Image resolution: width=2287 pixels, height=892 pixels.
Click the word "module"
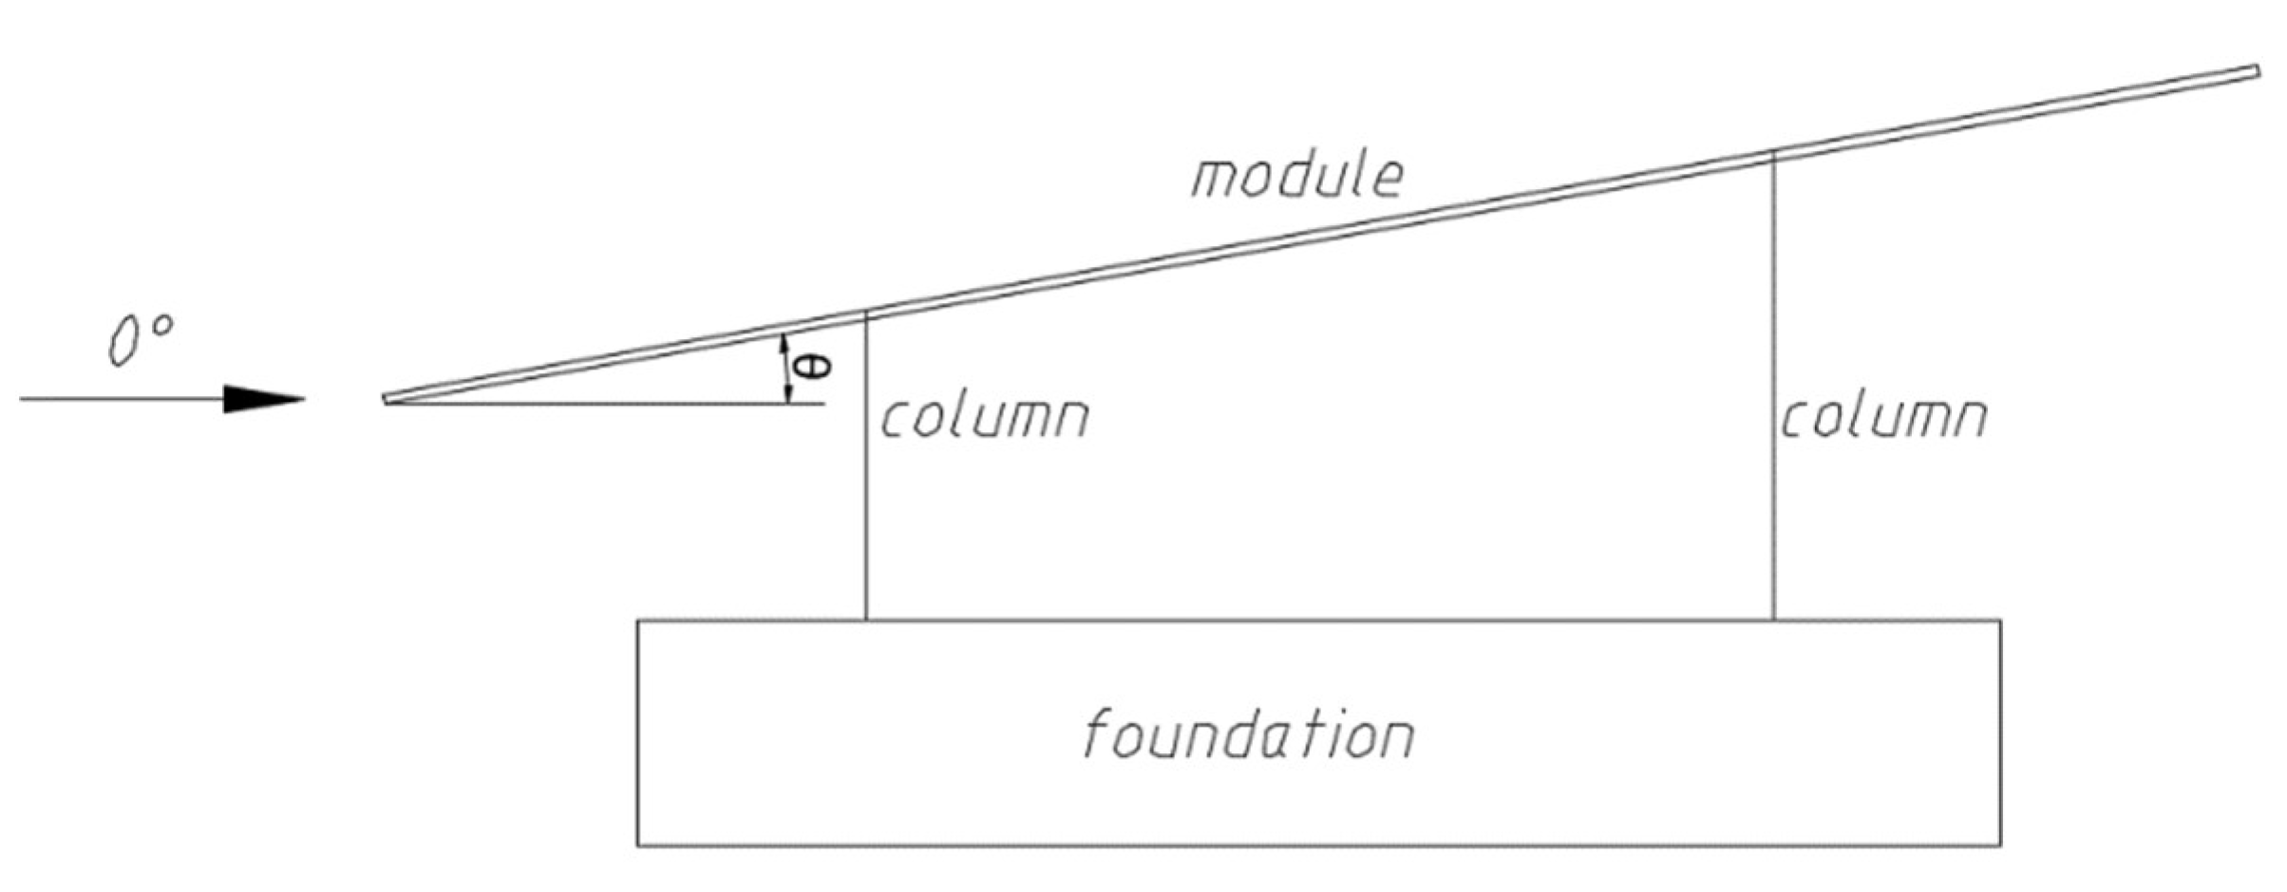(1297, 176)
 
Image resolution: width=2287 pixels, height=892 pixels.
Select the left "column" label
(985, 418)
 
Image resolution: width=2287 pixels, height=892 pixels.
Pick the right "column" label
(1883, 418)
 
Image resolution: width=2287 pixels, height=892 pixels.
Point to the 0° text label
(141, 339)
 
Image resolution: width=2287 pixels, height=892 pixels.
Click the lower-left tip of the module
(387, 399)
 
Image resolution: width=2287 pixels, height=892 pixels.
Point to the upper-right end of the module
(2257, 71)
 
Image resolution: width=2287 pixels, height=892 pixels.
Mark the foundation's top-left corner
(637, 620)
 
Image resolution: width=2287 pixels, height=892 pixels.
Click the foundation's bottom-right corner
(2000, 845)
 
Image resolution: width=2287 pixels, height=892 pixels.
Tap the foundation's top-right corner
(2000, 620)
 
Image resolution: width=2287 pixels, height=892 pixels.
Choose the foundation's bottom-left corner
(637, 845)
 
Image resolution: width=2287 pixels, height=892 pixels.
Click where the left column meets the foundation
(865, 620)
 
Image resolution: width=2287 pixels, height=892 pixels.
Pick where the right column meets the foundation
(1773, 620)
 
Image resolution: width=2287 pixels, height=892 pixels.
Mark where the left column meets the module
(865, 313)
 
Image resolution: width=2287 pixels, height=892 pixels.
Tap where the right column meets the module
(1773, 154)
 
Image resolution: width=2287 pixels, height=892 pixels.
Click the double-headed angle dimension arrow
(785, 369)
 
